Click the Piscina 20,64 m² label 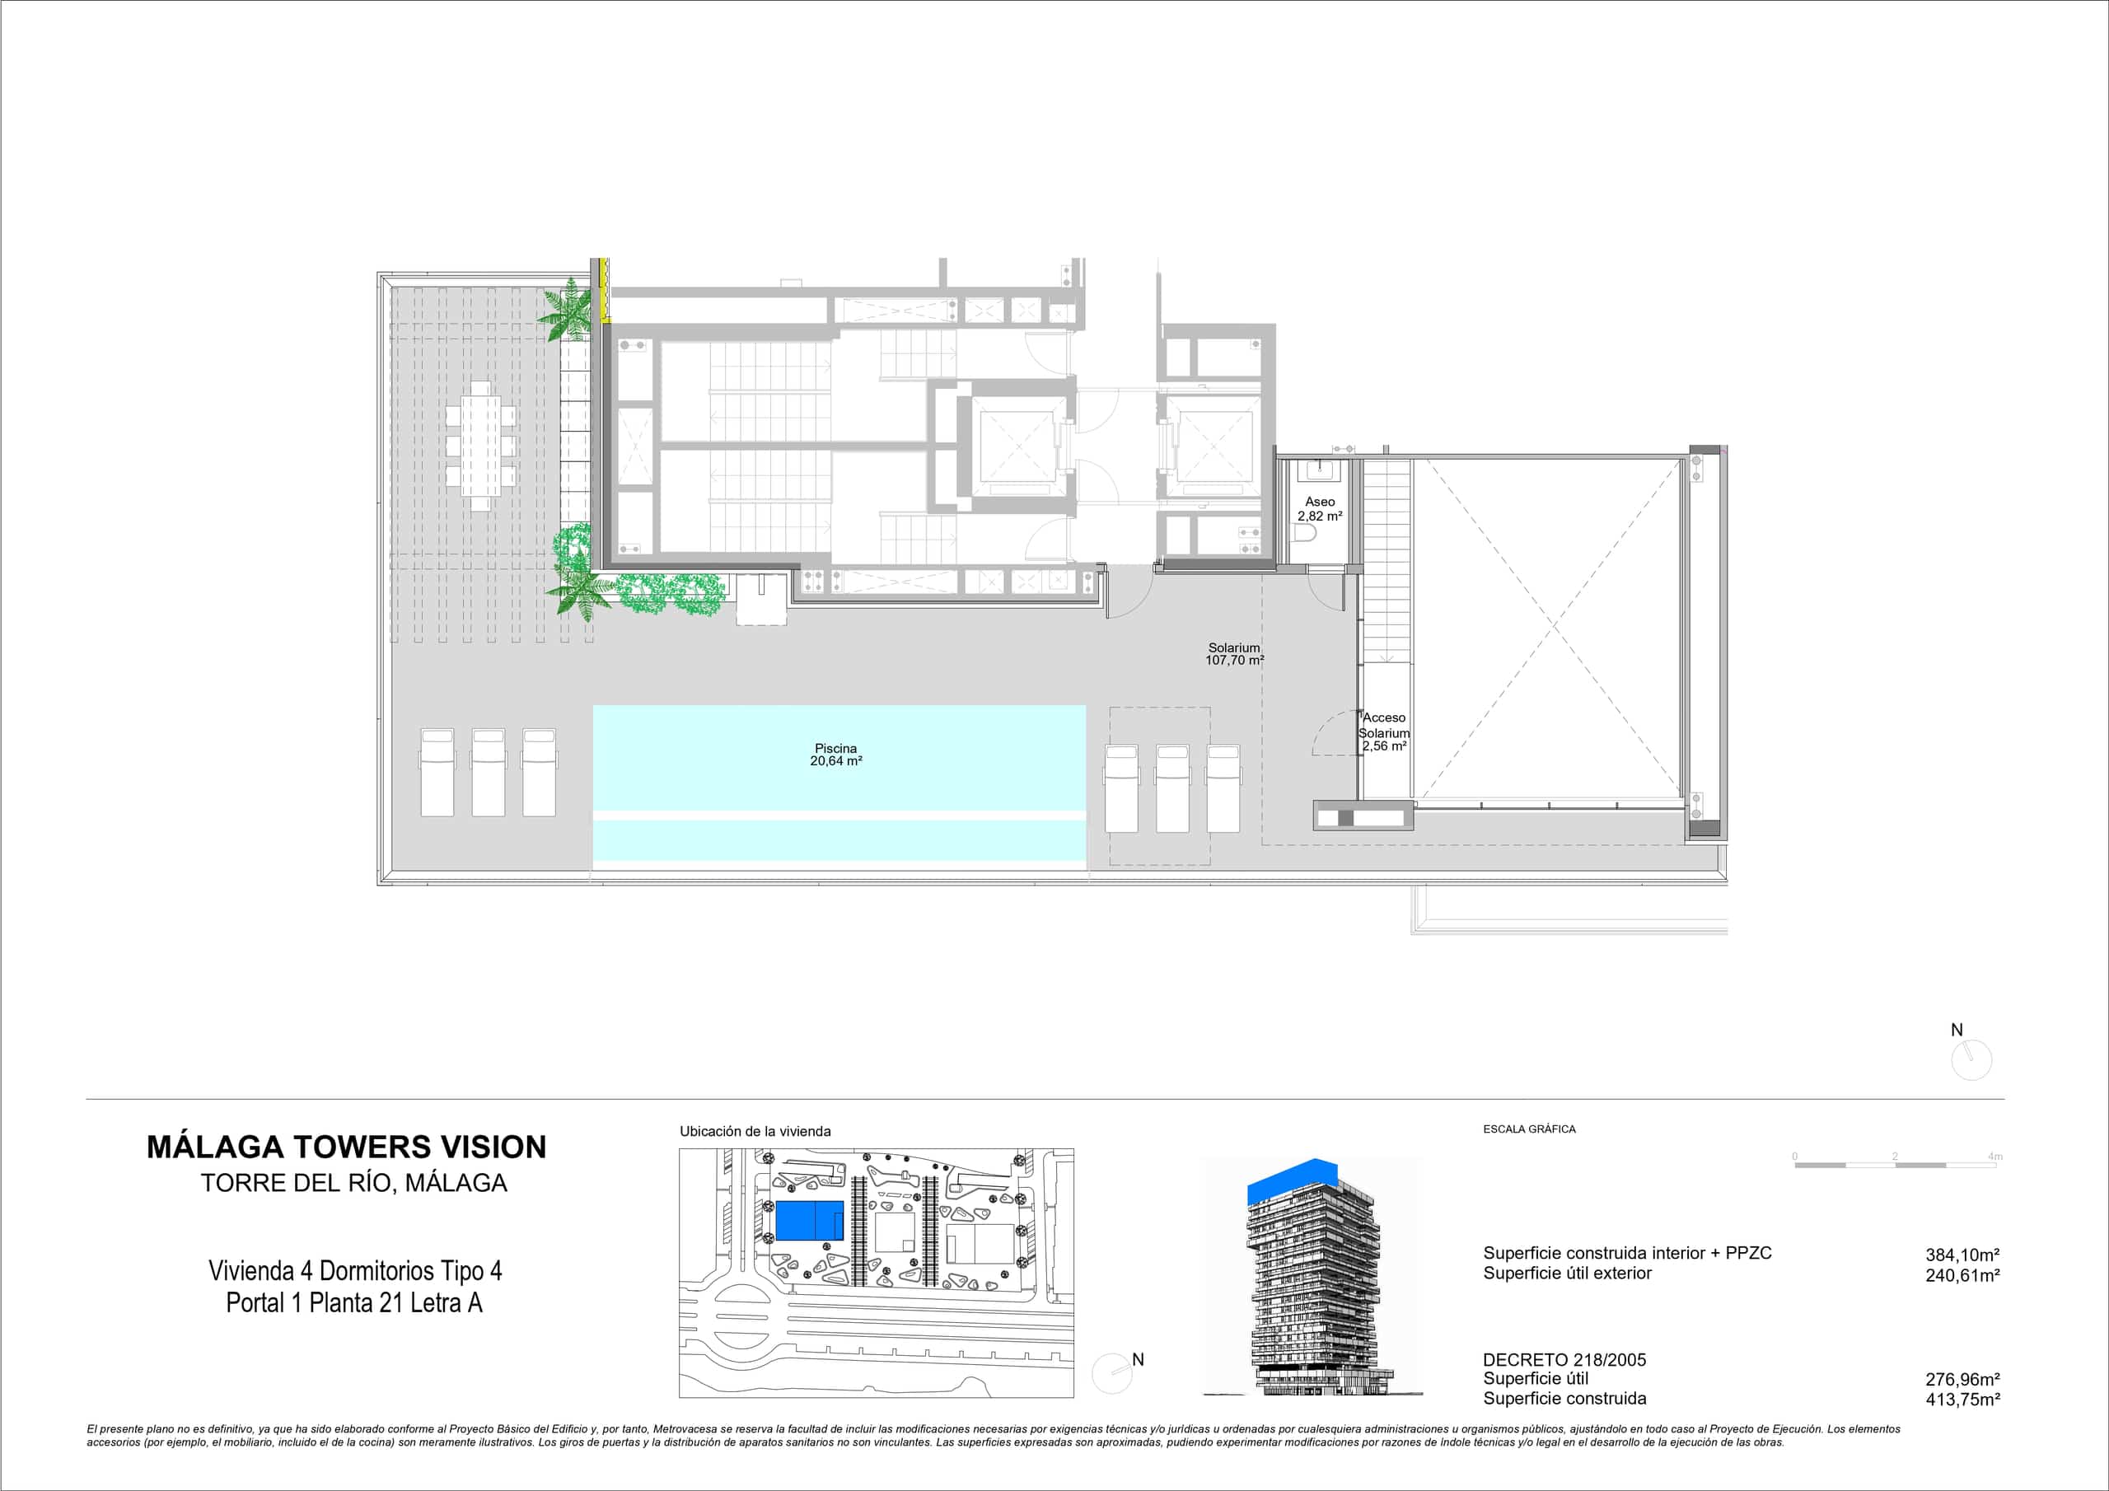pos(835,755)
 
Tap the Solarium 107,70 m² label pos(1235,654)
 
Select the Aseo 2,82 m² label pos(1320,509)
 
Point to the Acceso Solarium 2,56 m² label pos(1384,732)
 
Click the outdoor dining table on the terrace pos(480,446)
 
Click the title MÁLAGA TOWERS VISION pos(346,1147)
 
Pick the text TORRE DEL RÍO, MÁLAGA pos(353,1182)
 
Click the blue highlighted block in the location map pos(809,1220)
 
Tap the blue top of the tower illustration pos(1293,1180)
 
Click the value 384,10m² pos(1963,1255)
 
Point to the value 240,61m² pos(1963,1275)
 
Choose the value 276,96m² pos(1963,1379)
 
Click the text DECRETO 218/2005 pos(1564,1360)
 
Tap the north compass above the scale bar pos(1971,1060)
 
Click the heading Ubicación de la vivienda pos(755,1132)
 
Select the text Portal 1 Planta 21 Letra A pos(353,1302)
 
